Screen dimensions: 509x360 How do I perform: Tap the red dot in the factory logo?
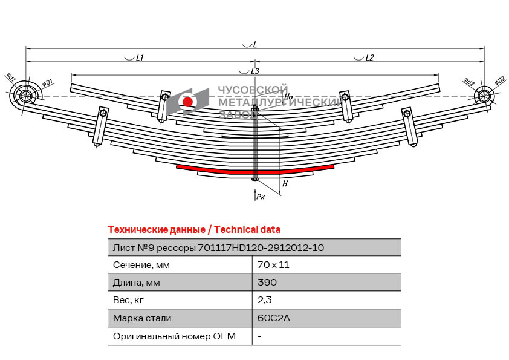click(x=187, y=102)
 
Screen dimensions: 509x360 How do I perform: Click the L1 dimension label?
click(x=140, y=58)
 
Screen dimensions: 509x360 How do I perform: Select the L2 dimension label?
click(x=369, y=58)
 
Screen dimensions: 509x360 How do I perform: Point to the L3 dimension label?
click(x=255, y=71)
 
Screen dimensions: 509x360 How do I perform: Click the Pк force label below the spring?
click(x=261, y=196)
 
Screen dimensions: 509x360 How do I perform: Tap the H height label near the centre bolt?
click(x=285, y=184)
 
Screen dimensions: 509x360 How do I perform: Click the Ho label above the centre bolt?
click(x=288, y=96)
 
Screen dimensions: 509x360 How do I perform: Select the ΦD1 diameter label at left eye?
click(x=47, y=83)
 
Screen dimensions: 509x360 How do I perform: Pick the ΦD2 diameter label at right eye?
click(x=499, y=80)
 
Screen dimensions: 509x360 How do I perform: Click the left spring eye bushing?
click(x=25, y=96)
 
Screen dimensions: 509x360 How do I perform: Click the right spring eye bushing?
click(x=484, y=96)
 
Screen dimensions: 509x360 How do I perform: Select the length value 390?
click(x=267, y=282)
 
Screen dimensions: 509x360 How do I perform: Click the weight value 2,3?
click(x=265, y=300)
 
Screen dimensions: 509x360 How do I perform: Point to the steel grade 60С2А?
click(x=273, y=318)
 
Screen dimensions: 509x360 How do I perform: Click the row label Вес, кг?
click(x=128, y=300)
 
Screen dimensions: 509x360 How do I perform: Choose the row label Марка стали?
click(x=142, y=318)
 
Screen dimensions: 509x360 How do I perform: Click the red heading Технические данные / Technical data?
click(x=194, y=230)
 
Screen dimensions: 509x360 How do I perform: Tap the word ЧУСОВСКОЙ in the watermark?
click(x=253, y=90)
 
